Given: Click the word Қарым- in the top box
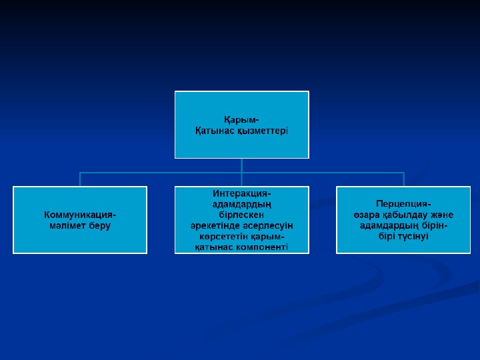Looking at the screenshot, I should coord(241,120).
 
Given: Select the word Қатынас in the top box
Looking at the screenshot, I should coord(212,131).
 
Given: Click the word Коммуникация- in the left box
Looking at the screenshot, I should coord(80,215).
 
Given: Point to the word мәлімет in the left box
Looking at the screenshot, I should coord(67,226).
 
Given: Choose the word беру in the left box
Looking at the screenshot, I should coord(100,226).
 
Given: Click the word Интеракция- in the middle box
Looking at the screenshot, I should coord(241,193).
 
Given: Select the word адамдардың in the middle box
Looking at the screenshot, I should coord(241,204).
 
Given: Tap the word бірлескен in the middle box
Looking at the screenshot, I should coord(241,215).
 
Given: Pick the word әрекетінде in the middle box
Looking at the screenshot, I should coord(212,226).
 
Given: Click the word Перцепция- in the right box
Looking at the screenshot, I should coord(403,204).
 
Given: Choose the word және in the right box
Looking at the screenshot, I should coord(440,215).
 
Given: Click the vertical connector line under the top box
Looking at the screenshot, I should coord(241,165).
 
